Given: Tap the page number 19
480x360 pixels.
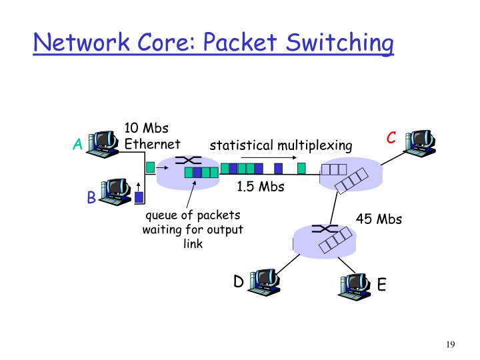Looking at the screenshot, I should click(450, 345).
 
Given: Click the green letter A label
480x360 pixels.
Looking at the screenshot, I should click(78, 145).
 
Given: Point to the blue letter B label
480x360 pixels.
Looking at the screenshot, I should click(91, 198).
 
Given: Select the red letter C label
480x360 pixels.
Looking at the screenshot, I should click(391, 138).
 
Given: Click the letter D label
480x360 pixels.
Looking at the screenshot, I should click(238, 282).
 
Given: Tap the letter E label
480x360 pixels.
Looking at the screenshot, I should click(381, 285).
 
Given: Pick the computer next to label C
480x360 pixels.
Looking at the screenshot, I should click(421, 141).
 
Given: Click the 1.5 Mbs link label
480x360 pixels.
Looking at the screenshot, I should click(260, 187).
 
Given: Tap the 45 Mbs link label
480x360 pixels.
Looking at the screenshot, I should click(379, 219).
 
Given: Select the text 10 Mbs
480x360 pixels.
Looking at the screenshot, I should click(146, 128).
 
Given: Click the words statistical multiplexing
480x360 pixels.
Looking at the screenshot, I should click(281, 146).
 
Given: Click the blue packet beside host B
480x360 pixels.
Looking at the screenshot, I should click(139, 197).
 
